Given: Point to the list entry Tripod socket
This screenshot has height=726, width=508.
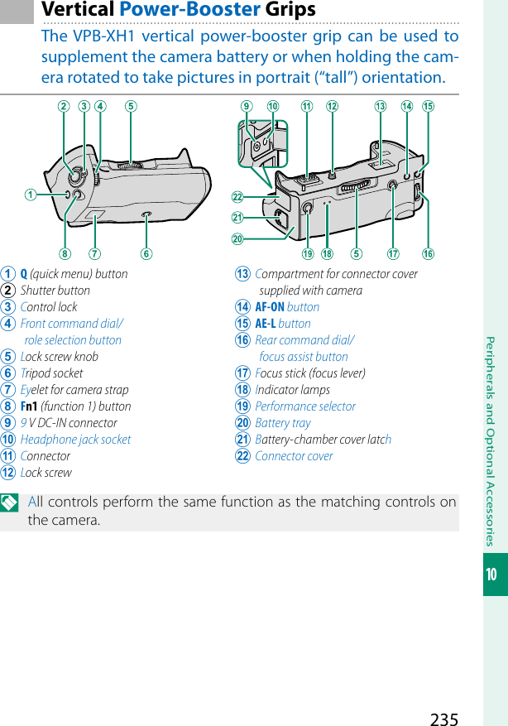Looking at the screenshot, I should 51,373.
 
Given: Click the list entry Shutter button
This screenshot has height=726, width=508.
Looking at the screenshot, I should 55,291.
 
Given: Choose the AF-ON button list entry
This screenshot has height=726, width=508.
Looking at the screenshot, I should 286,307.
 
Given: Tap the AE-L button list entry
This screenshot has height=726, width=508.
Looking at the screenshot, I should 282,324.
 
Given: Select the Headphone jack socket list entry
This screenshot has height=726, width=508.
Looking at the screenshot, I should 75,440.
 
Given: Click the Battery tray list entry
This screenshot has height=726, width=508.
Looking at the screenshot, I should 282,423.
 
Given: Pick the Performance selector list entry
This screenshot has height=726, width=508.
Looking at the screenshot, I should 304,406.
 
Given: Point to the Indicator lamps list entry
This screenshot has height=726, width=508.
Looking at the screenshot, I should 292,390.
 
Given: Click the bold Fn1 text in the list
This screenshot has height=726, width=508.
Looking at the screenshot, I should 29,406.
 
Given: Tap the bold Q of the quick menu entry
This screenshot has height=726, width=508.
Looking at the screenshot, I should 24,274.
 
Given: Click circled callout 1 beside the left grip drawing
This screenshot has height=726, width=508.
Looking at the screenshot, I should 31,195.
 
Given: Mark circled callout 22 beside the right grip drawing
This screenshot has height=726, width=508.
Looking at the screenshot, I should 237,197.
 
